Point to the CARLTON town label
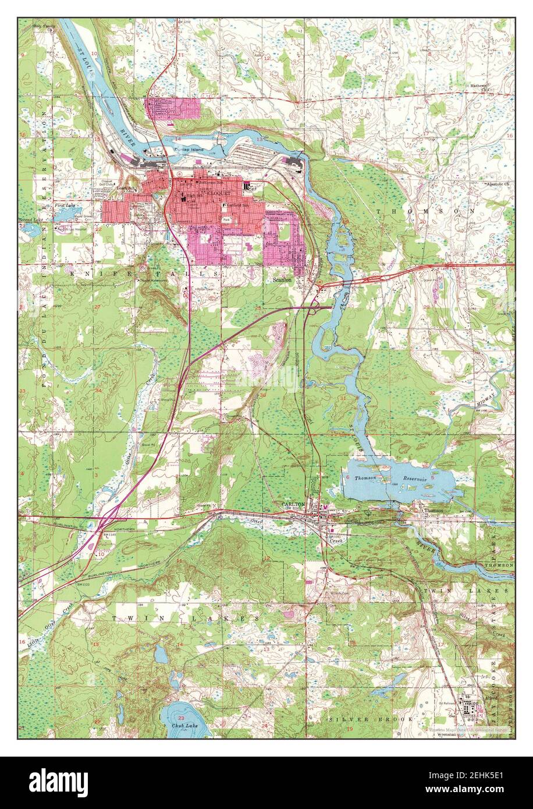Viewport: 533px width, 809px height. click(293, 504)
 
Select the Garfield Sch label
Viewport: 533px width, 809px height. click(238, 205)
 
